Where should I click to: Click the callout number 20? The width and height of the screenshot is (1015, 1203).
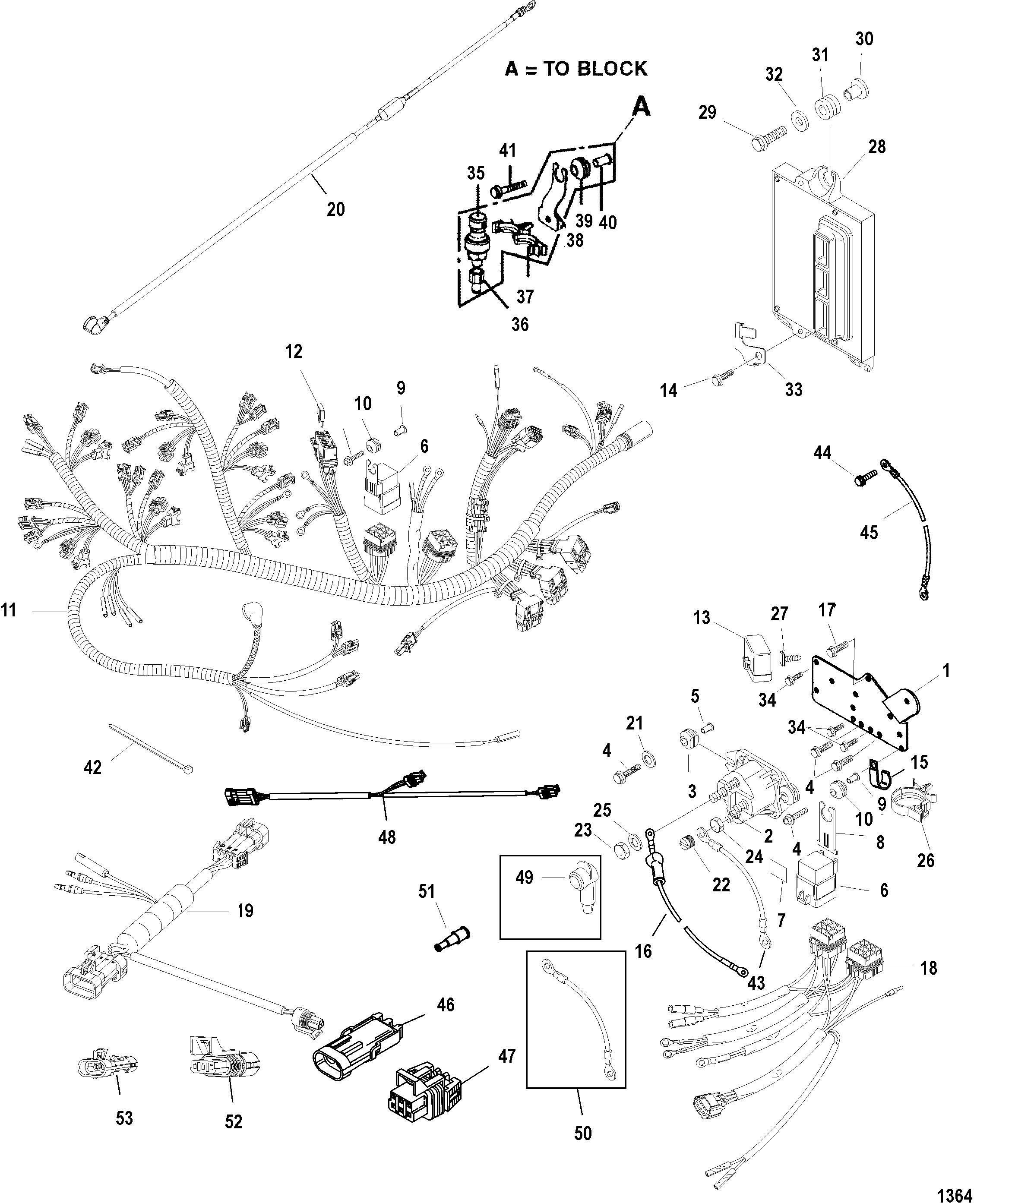[335, 209]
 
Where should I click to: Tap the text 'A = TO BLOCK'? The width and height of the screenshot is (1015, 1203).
[576, 69]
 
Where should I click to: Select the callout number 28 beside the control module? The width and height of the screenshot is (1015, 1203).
[877, 147]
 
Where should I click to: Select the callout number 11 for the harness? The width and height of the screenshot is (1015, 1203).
[9, 610]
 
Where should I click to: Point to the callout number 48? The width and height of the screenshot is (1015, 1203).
[387, 837]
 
